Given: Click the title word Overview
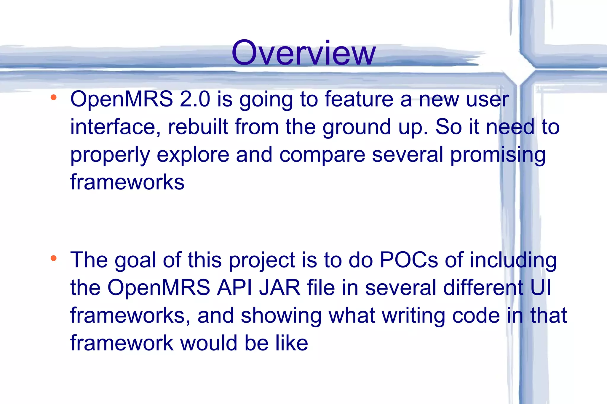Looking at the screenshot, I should pos(303,53).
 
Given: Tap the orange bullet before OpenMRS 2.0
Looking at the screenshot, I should pos(54,97).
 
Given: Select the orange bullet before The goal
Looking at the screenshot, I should pos(54,258).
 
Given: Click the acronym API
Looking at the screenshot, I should pos(234,287).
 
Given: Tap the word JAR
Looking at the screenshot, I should pos(280,287).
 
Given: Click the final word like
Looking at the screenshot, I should pos(292,343).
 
